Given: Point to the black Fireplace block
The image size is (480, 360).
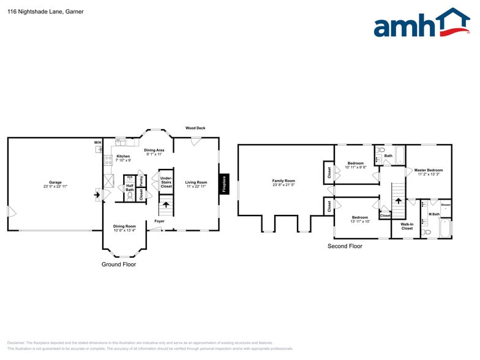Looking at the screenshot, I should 224,184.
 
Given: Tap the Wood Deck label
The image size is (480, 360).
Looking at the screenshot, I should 195,128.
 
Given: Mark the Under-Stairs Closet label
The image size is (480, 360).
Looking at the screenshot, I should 166,182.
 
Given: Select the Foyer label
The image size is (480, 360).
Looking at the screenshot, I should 159,221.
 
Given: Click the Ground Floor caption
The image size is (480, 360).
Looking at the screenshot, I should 119,264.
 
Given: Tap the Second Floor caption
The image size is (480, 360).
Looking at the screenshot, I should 345,246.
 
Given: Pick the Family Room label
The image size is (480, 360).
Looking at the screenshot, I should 283,182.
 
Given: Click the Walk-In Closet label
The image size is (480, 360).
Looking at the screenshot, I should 407,227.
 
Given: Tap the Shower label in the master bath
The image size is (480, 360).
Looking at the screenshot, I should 446,204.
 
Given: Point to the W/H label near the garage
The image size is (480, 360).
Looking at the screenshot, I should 97,143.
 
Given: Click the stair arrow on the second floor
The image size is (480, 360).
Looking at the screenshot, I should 399,200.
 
